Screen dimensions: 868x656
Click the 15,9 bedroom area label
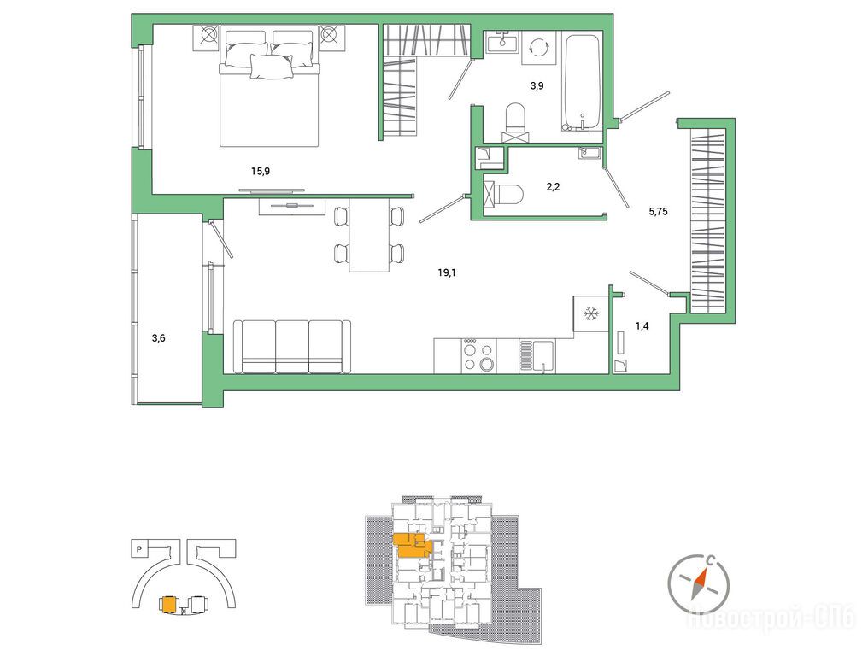pyautogui.click(x=261, y=171)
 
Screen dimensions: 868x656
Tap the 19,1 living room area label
pyautogui.click(x=446, y=272)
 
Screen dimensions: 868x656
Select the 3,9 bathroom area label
pyautogui.click(x=537, y=85)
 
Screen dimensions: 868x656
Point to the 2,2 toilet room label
pyautogui.click(x=553, y=186)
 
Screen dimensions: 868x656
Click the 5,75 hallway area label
pyautogui.click(x=658, y=211)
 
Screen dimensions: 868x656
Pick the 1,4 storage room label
pyautogui.click(x=642, y=325)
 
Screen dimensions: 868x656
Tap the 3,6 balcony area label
pyautogui.click(x=158, y=337)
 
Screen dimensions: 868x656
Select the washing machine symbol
pyautogui.click(x=537, y=48)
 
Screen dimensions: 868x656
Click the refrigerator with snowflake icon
pyautogui.click(x=591, y=313)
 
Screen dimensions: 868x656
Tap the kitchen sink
pyautogui.click(x=537, y=356)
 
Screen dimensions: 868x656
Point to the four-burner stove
pyautogui.click(x=478, y=356)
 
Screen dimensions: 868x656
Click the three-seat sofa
pyautogui.click(x=292, y=347)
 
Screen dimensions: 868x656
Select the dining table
pyautogui.click(x=369, y=235)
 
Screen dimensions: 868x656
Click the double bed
pyautogui.click(x=270, y=87)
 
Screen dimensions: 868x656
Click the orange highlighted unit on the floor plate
pyautogui.click(x=410, y=545)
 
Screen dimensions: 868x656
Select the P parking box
pyautogui.click(x=139, y=550)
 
